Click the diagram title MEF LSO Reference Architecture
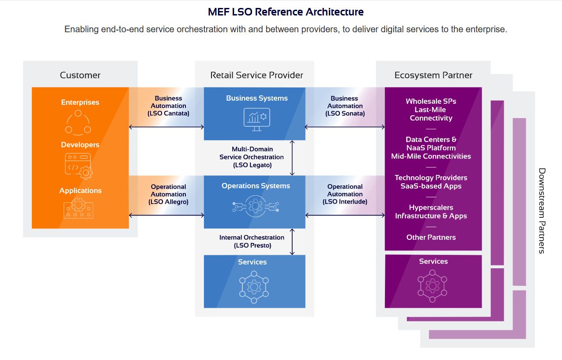coord(286,12)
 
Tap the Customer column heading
coord(80,75)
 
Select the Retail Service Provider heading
coord(256,75)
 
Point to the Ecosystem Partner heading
coord(433,75)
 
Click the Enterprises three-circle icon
coord(78,123)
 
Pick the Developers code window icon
coord(79,166)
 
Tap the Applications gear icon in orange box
coord(78,208)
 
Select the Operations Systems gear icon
coord(256,206)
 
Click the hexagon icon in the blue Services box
coord(254,287)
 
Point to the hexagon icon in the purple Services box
coord(432,286)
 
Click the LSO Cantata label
coord(168,114)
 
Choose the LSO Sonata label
coord(345,114)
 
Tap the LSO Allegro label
coord(168,202)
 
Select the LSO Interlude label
coord(345,201)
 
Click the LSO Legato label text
coord(253,165)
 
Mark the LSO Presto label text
coord(253,245)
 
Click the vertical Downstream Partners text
coord(542,211)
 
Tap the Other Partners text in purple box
coord(431,237)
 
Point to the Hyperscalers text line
coord(431,207)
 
